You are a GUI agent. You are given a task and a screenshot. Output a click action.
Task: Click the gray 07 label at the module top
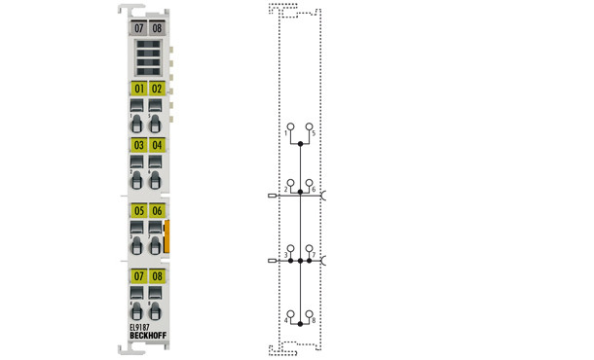(138, 29)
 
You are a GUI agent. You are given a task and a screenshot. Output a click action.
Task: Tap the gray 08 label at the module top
(157, 29)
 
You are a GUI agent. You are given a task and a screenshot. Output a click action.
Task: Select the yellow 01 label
(138, 89)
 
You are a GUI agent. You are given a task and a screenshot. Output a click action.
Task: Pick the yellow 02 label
(157, 89)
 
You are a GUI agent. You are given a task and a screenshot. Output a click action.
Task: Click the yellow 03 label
(138, 146)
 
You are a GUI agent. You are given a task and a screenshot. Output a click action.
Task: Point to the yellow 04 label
(157, 146)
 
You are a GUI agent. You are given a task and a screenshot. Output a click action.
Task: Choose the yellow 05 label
(138, 211)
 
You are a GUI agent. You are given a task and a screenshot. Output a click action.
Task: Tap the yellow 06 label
(157, 211)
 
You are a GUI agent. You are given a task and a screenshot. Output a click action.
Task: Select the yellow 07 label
(138, 277)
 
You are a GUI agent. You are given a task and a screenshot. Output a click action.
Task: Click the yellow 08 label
(157, 277)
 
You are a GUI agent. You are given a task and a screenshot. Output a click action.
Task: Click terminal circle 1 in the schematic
(289, 126)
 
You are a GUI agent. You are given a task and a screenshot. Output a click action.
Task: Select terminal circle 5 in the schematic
(310, 126)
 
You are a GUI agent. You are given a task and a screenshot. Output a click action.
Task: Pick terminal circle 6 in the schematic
(310, 182)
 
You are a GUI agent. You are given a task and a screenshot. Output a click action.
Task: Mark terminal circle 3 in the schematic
(289, 250)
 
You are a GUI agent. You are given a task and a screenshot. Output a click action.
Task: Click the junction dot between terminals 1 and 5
(300, 144)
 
